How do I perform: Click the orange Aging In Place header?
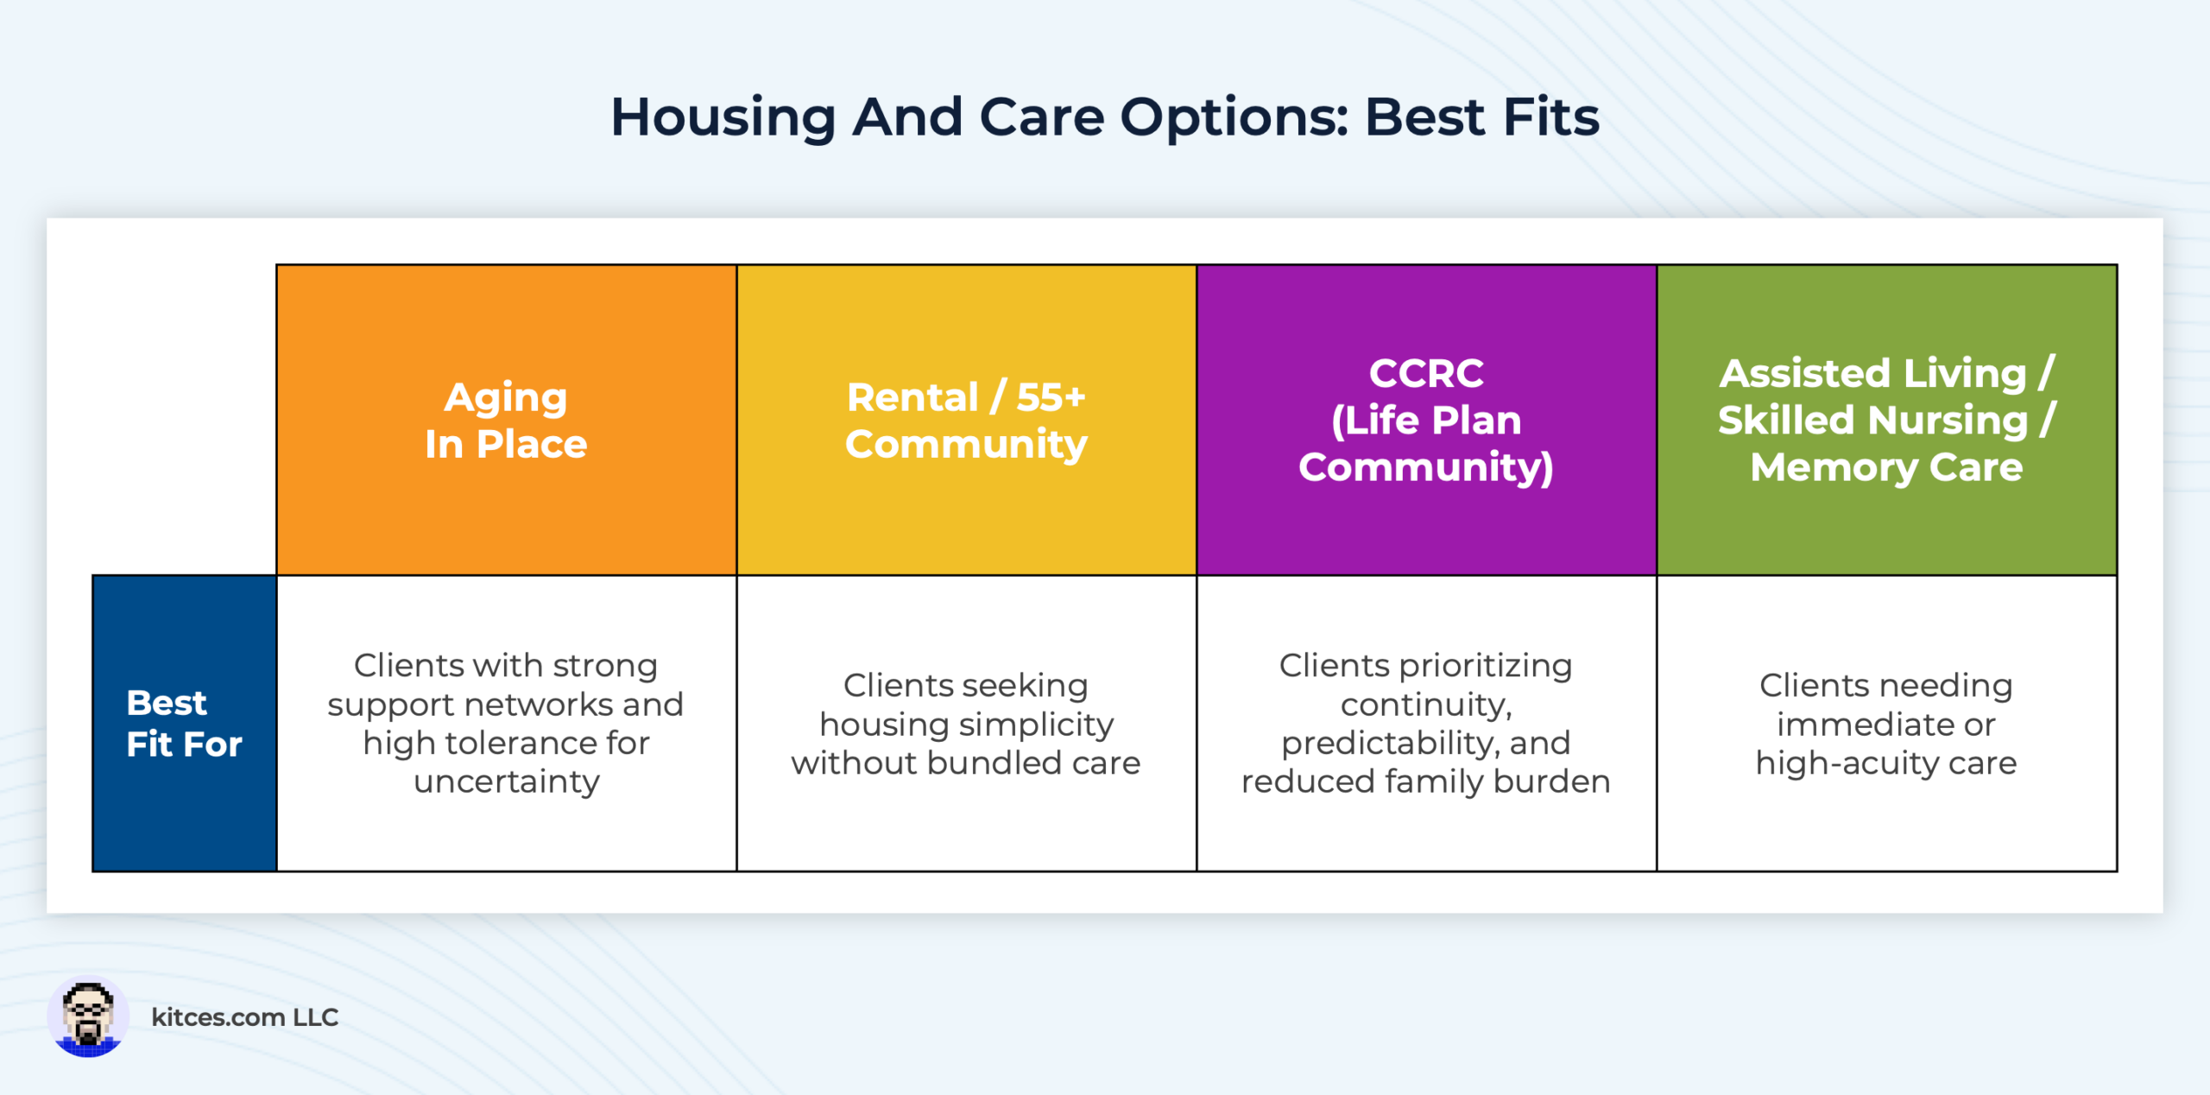(x=506, y=421)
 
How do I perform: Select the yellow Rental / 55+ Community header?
(x=966, y=421)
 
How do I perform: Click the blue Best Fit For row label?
(x=184, y=724)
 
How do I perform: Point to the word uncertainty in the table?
(x=506, y=782)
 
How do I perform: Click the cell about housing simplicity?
(x=966, y=724)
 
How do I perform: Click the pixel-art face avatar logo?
(x=88, y=1016)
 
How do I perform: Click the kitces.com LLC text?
(x=244, y=1017)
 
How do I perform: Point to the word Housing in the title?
(x=723, y=117)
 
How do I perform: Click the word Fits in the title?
(x=1550, y=117)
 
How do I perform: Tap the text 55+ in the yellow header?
(x=1051, y=397)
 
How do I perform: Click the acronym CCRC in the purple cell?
(x=1426, y=373)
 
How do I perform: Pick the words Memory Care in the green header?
(x=1886, y=467)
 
